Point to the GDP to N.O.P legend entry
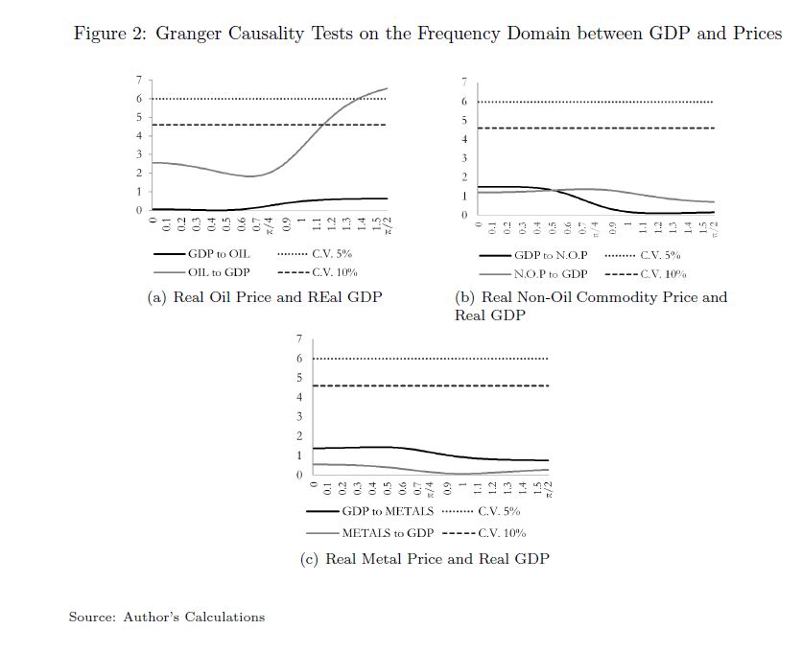pos(550,256)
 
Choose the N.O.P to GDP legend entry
pos(550,274)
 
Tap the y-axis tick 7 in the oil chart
pos(138,80)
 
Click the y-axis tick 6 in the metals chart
pos(298,359)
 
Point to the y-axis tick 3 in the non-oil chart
pos(464,158)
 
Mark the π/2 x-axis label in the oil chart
pos(389,226)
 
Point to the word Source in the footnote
pos(90,617)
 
